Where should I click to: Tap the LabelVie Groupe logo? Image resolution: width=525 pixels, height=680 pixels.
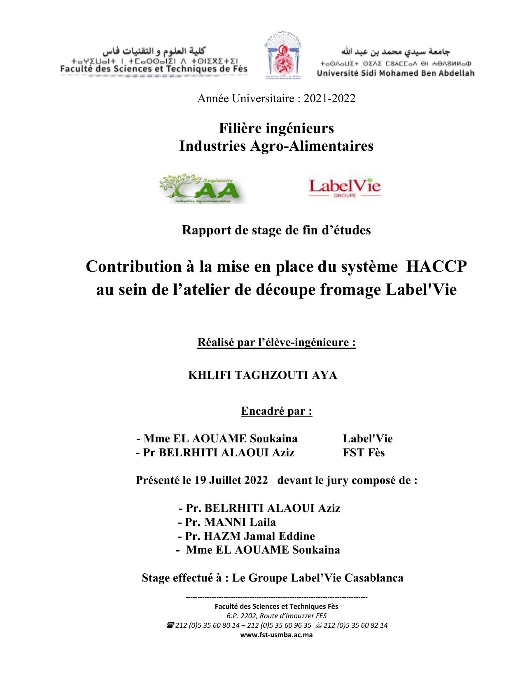(345, 188)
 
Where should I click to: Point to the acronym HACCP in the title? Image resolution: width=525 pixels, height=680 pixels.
(436, 266)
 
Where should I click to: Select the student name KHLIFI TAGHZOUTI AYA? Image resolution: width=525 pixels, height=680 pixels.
(262, 375)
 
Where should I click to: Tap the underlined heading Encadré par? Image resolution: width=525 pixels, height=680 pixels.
(276, 411)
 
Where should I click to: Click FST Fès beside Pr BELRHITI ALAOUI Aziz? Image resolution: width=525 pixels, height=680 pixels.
(364, 453)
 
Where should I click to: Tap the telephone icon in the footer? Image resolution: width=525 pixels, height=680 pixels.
(170, 625)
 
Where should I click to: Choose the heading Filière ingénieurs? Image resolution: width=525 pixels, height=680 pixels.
(276, 129)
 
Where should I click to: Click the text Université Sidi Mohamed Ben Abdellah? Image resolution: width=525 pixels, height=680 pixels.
(395, 73)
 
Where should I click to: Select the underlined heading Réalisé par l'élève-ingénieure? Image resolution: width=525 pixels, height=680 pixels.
(276, 342)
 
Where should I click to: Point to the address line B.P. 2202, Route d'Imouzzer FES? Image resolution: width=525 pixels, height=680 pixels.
(276, 616)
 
